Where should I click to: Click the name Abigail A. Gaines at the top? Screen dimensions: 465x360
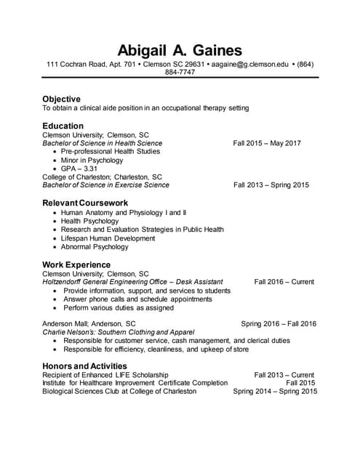coord(180,50)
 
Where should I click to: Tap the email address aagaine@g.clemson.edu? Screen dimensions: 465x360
coord(250,65)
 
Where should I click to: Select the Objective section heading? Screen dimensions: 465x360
coord(61,99)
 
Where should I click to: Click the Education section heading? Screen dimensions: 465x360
coord(63,126)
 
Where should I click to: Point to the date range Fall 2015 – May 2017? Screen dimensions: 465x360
coord(267,143)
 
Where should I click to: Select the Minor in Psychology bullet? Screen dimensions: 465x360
coord(92,160)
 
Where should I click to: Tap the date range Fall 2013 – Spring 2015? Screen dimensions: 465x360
coord(271,185)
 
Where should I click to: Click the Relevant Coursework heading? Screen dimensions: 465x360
coord(85,203)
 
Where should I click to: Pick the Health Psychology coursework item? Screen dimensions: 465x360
coord(89,221)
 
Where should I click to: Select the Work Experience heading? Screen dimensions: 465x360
coord(76,264)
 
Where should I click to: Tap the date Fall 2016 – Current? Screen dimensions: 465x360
coord(284,282)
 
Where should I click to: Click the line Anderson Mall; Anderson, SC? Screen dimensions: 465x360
coord(89,324)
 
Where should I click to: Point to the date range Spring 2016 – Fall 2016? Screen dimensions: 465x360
coord(279,324)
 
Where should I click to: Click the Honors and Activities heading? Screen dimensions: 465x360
coord(84,365)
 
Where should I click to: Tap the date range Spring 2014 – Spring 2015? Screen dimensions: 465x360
coord(275,392)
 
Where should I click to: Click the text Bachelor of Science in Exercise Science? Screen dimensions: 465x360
coord(105,185)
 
